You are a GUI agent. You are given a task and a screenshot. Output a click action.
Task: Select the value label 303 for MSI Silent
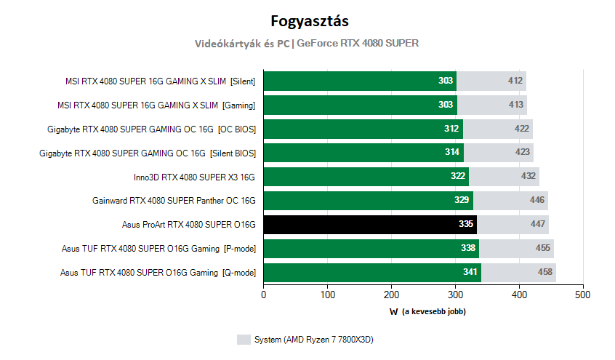pyautogui.click(x=446, y=80)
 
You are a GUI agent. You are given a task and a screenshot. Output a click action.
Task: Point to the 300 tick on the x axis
pyautogui.click(x=455, y=295)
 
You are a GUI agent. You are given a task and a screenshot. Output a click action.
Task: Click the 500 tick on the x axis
pyautogui.click(x=582, y=295)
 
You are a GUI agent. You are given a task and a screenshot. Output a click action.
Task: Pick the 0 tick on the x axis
pyautogui.click(x=264, y=295)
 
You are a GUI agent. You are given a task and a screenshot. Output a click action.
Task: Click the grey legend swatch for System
pyautogui.click(x=244, y=340)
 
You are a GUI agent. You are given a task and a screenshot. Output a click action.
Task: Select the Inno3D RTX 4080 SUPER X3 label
pyautogui.click(x=194, y=177)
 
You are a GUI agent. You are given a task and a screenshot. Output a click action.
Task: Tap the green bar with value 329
pyautogui.click(x=368, y=201)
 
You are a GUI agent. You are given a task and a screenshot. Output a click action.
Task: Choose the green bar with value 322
pyautogui.click(x=366, y=177)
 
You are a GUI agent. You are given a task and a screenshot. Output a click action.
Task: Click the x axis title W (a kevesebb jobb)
pyautogui.click(x=427, y=311)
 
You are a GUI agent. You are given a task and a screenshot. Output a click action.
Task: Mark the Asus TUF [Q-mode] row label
pyautogui.click(x=158, y=273)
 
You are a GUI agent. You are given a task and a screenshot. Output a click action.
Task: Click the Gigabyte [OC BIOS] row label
pyautogui.click(x=151, y=129)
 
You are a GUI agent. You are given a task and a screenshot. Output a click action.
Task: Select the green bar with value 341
pyautogui.click(x=372, y=273)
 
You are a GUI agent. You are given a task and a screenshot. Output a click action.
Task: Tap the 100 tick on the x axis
pyautogui.click(x=328, y=295)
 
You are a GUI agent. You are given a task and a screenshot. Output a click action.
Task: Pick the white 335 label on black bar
pyautogui.click(x=466, y=224)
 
